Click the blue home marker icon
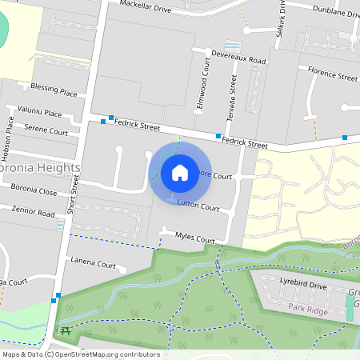coord(179,173)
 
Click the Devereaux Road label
coord(238,59)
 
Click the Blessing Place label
coord(54,90)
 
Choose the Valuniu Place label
coord(39,114)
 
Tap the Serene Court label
coord(46,130)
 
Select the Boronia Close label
coord(34,191)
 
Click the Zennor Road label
coord(33,211)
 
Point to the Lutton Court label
coord(198,206)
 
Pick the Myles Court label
coord(195,238)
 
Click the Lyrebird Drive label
coord(303,285)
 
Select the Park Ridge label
coord(308,307)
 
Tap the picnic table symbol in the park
coord(64,330)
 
